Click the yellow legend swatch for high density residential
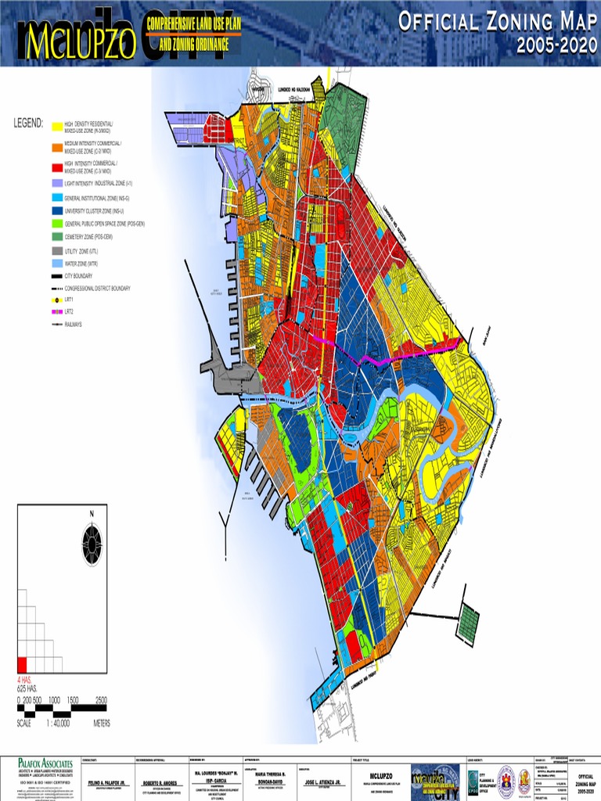pos(56,127)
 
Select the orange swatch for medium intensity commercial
pos(56,146)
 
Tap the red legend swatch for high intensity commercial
pos(56,166)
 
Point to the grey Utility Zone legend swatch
pos(56,251)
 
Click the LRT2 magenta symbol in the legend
pos(56,311)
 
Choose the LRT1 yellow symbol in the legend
pos(56,300)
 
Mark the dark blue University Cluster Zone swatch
pos(56,210)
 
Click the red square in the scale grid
pos(22,664)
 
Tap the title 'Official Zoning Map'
pos(497,22)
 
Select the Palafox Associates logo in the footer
pos(47,763)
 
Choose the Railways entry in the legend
pos(74,324)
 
